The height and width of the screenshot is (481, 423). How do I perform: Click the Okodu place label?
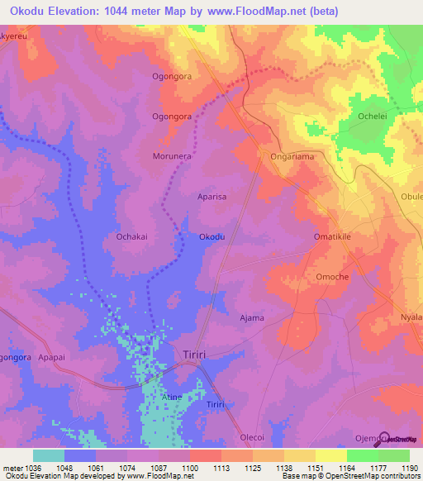[212, 237]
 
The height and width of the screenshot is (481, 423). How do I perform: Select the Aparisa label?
[213, 198]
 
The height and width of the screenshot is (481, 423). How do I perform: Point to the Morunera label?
[173, 156]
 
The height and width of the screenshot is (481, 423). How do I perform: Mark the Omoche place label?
[332, 277]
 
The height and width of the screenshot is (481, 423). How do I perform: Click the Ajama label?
[251, 317]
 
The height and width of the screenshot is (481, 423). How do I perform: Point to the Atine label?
[171, 398]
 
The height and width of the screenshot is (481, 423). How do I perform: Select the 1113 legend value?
[220, 468]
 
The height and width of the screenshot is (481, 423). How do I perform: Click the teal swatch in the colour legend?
[49, 455]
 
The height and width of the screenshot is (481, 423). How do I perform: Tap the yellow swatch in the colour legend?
[331, 455]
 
